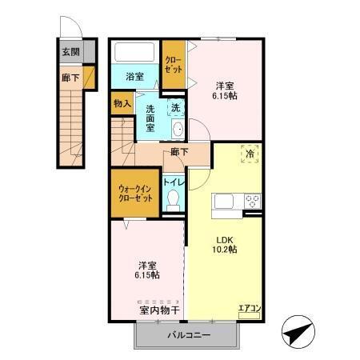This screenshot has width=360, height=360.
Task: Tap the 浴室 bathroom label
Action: (x=135, y=77)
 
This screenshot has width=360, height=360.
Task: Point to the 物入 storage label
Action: (x=122, y=103)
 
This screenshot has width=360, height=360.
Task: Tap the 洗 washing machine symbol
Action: (x=174, y=106)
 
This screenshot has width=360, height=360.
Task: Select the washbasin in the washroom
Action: (x=178, y=130)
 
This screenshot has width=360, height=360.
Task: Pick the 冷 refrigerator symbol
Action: (x=250, y=154)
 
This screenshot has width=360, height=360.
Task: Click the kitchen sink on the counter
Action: (x=224, y=200)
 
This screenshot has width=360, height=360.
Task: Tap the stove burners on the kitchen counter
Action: (x=253, y=200)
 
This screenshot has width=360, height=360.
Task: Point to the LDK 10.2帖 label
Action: (x=224, y=244)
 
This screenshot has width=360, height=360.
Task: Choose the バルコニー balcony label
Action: (x=188, y=335)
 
